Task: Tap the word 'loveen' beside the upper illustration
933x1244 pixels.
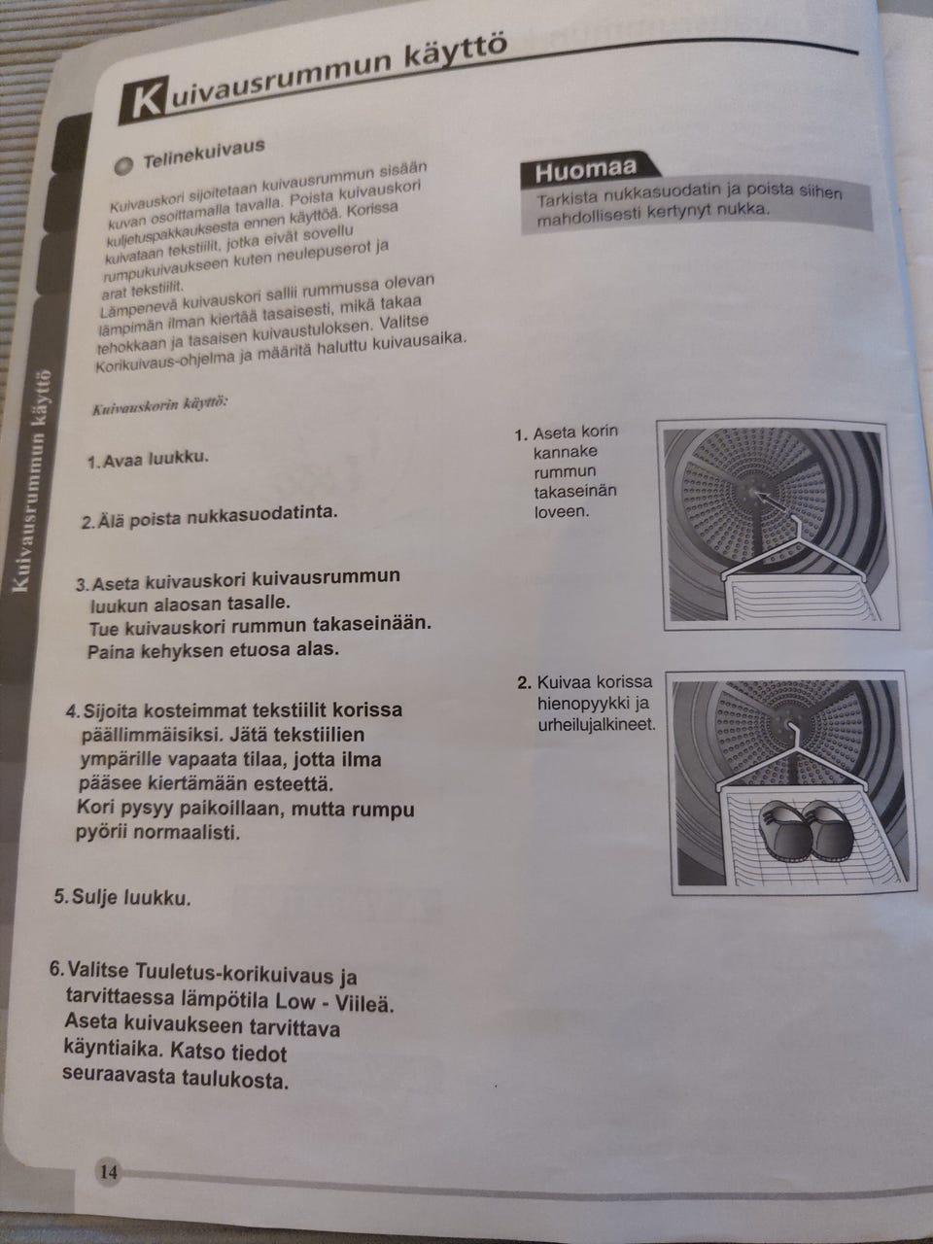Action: [x=562, y=511]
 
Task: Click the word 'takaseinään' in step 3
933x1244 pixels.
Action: [x=374, y=624]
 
